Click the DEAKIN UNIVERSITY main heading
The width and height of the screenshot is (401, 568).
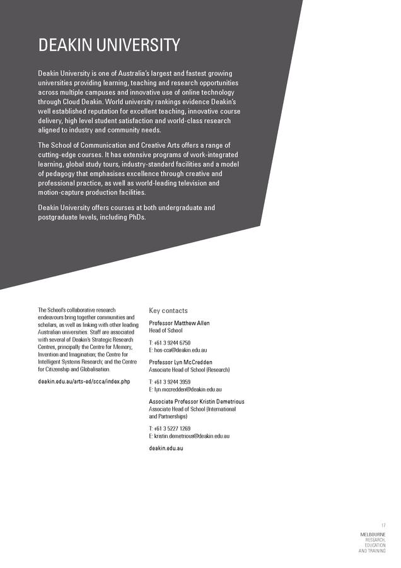coord(108,45)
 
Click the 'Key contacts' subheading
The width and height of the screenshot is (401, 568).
coord(168,311)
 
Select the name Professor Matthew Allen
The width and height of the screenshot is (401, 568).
coord(179,323)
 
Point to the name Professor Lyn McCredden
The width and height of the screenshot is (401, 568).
coord(180,362)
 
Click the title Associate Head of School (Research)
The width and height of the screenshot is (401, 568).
coord(189,369)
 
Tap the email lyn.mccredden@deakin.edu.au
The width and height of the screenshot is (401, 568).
coord(187,389)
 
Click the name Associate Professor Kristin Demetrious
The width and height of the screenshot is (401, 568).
coord(197,401)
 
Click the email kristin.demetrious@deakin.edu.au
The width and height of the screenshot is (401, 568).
coord(191,436)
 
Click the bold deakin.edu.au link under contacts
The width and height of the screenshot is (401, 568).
coord(166,448)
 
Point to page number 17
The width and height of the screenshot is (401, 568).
coord(383,526)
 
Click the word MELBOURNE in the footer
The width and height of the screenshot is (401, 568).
coord(373,535)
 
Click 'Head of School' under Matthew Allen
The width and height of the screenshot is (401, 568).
coord(165,330)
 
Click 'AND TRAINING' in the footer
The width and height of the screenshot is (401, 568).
coord(372,551)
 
